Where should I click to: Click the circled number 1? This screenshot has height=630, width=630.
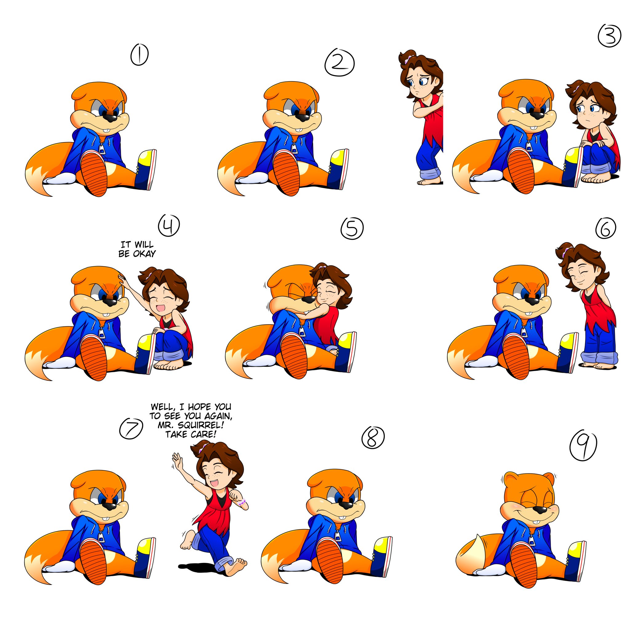coord(139,55)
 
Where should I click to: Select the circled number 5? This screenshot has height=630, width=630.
coord(352,228)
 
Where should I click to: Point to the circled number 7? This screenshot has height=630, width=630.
coord(131,428)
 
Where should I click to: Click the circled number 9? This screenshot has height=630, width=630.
coord(583,446)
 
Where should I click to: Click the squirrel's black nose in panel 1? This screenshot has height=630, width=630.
coord(110,117)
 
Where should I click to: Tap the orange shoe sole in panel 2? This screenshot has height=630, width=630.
coord(287,173)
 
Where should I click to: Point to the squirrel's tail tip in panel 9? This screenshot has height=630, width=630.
coord(478,537)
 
